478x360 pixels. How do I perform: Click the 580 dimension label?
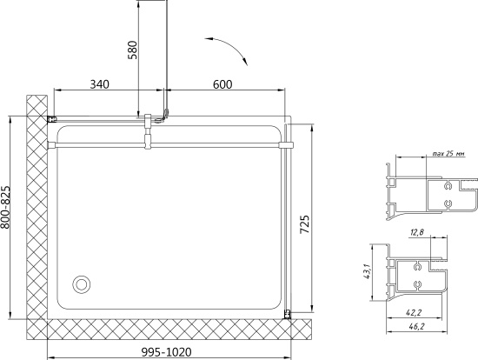click(x=133, y=50)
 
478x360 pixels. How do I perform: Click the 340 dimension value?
click(x=99, y=84)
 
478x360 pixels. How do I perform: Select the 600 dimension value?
click(x=222, y=84)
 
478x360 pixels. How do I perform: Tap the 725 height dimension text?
click(x=304, y=224)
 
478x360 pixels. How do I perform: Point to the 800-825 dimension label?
click(x=5, y=208)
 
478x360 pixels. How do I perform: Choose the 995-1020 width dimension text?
click(x=167, y=352)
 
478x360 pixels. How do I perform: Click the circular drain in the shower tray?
click(x=82, y=284)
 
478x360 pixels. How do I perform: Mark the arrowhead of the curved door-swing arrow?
click(x=245, y=62)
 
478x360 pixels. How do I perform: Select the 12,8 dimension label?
click(x=416, y=233)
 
